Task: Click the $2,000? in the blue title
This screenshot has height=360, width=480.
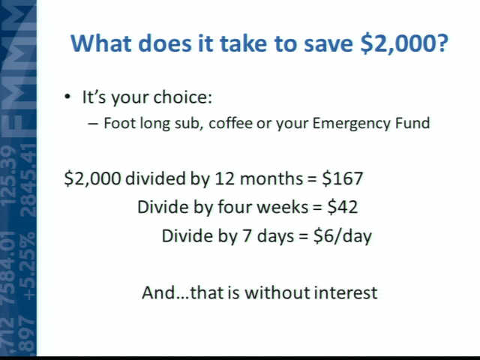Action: [404, 43]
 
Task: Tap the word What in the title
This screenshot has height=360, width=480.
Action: [101, 43]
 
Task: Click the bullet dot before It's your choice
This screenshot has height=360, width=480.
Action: [67, 97]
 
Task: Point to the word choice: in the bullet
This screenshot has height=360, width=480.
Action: [182, 97]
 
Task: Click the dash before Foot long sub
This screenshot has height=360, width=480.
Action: [93, 123]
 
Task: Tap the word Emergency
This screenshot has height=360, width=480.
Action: [351, 124]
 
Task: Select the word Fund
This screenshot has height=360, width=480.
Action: [412, 123]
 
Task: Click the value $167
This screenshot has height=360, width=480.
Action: [343, 178]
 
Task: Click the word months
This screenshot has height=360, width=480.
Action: [271, 178]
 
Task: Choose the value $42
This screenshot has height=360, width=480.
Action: [343, 207]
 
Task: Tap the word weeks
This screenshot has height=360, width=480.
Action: [282, 207]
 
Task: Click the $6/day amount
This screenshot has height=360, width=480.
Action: [343, 236]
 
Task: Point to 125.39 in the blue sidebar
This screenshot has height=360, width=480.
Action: [8, 175]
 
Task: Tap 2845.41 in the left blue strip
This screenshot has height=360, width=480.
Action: [28, 180]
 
